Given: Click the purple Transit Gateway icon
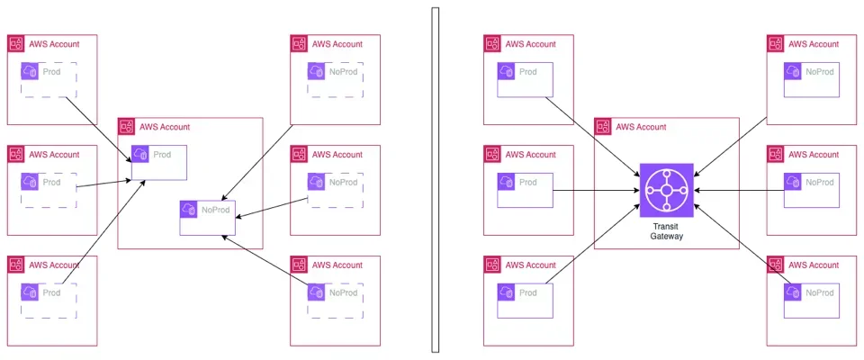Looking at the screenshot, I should pyautogui.click(x=667, y=190).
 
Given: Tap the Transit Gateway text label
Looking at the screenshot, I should pyautogui.click(x=667, y=231).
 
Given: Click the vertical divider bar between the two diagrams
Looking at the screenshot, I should pyautogui.click(x=436, y=180).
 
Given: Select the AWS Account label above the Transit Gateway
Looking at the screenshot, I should pyautogui.click(x=641, y=127).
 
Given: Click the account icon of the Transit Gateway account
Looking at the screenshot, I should pyautogui.click(x=603, y=127).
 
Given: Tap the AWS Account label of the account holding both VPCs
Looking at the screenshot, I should pyautogui.click(x=165, y=127).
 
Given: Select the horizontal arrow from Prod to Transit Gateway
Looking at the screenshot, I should pyautogui.click(x=594, y=190).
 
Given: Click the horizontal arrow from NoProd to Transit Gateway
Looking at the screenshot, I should pyautogui.click(x=738, y=190).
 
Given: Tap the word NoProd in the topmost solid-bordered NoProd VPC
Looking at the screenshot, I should pyautogui.click(x=819, y=72).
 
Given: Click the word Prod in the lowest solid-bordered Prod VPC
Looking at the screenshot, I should pyautogui.click(x=528, y=292).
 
